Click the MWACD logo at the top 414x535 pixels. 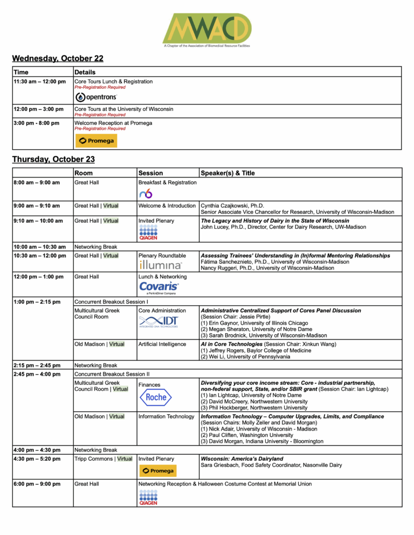pos(207,28)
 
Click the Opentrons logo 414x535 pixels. pos(96,97)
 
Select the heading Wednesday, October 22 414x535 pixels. pos(58,58)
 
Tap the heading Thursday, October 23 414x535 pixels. pos(53,159)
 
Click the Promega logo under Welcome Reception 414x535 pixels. pos(96,141)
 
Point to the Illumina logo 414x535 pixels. pos(161,265)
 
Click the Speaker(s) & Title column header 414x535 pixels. pos(227,173)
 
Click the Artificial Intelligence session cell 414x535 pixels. pos(162,344)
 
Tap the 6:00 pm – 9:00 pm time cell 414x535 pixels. pos(36,484)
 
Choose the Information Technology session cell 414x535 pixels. pos(166,416)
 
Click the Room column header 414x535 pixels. pos(83,173)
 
